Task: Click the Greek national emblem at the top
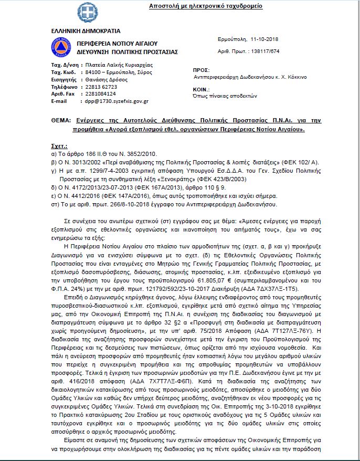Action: [x=84, y=11]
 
